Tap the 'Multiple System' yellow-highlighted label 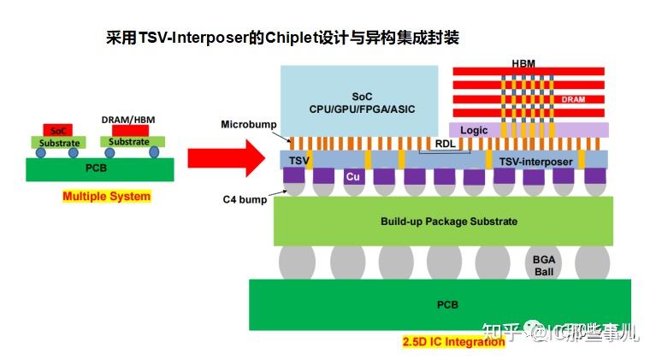click(106, 197)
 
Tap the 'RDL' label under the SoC click(446, 144)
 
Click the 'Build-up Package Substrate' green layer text click(448, 221)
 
